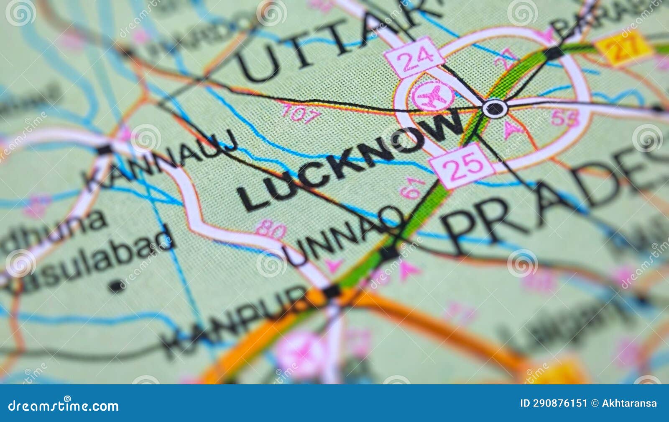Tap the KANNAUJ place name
161,161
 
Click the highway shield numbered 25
462,165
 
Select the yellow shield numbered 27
624,47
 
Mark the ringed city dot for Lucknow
495,108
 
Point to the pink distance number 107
301,113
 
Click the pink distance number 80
271,229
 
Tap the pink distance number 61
412,188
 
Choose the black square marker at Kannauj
105,149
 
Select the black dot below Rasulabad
115,286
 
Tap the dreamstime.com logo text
64,405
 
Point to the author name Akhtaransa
629,403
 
